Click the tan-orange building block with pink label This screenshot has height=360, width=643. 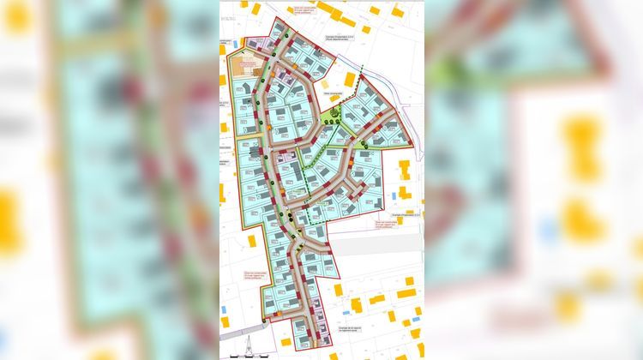coord(243,66)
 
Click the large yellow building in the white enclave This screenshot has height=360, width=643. coord(350,80)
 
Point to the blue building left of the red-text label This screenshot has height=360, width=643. coord(225,308)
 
